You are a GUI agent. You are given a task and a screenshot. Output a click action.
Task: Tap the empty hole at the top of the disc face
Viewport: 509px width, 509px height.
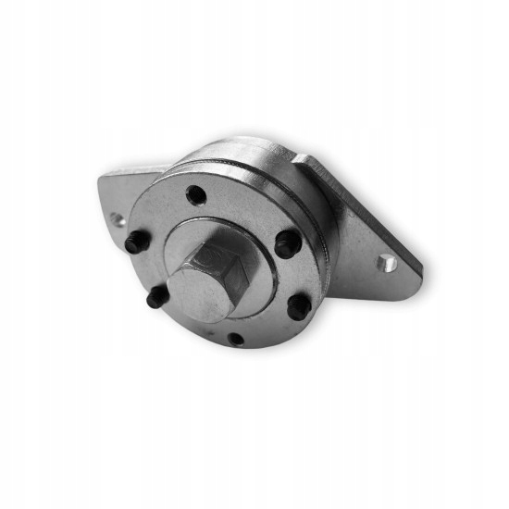[195, 195]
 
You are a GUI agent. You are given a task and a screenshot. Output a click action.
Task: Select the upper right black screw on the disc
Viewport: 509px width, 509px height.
[288, 244]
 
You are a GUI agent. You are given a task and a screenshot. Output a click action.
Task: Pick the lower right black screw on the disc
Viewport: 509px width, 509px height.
[298, 305]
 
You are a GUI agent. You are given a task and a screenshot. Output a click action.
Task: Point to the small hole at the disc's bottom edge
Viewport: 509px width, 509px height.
[237, 338]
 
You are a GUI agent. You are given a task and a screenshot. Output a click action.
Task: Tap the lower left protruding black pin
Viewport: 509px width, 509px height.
[157, 297]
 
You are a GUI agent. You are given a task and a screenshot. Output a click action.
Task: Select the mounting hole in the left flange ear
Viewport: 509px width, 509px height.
[116, 219]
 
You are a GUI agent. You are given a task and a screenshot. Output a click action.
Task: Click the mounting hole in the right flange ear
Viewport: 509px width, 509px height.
[388, 264]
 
